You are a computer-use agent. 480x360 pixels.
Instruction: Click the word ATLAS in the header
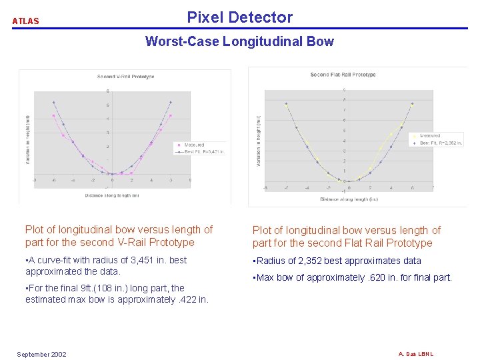[x=26, y=21]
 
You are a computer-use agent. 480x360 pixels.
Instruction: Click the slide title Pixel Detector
[x=239, y=17]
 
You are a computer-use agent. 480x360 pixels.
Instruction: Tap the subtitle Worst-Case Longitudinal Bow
[x=239, y=41]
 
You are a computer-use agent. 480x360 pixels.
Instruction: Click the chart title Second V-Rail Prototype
[x=125, y=77]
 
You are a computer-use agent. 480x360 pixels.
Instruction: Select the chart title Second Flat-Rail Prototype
[x=343, y=75]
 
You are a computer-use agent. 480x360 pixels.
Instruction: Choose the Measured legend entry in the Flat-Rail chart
[x=429, y=136]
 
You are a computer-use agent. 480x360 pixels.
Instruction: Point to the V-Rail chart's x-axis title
[x=112, y=195]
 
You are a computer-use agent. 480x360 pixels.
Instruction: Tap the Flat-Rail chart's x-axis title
[x=349, y=199]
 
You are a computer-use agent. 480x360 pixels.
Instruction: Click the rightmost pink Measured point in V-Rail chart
[x=171, y=115]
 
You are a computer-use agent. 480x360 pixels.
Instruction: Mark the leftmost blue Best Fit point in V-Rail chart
[x=54, y=102]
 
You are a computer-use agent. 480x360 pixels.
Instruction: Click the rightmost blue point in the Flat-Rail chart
[x=412, y=103]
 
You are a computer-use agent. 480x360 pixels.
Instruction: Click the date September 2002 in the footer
[x=41, y=354]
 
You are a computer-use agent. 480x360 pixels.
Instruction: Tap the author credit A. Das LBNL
[x=416, y=353]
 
